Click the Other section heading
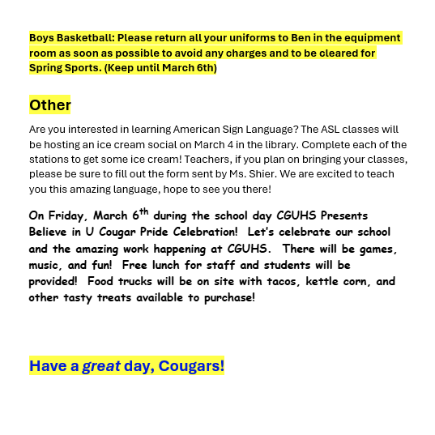(x=50, y=105)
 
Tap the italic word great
(x=101, y=366)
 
